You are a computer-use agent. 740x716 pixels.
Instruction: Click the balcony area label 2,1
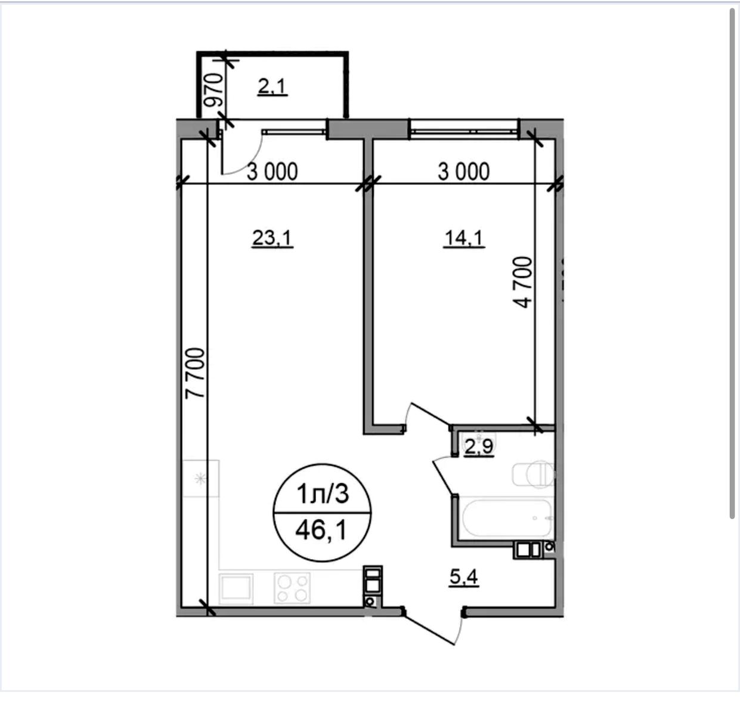point(273,87)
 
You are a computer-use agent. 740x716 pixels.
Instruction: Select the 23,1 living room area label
point(273,239)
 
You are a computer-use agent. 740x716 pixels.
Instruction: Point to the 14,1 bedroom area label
point(464,239)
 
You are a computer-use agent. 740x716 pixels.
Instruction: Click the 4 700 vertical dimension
point(522,282)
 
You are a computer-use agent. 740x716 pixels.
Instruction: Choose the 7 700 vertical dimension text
point(195,373)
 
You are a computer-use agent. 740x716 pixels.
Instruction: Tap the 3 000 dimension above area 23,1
point(273,172)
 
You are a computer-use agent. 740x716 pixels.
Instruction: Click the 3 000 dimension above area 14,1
point(463,172)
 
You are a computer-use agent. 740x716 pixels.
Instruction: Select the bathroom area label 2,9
point(479,447)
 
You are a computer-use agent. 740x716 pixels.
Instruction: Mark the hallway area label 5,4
point(463,578)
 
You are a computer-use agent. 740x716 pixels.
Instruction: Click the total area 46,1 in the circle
point(321,530)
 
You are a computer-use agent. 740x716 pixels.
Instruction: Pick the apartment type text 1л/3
point(323,494)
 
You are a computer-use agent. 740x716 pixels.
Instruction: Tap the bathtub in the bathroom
point(506,518)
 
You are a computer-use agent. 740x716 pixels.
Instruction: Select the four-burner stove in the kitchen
point(292,588)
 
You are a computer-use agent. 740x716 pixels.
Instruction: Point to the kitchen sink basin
point(236,588)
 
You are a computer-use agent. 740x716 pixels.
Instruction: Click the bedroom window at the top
point(464,130)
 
